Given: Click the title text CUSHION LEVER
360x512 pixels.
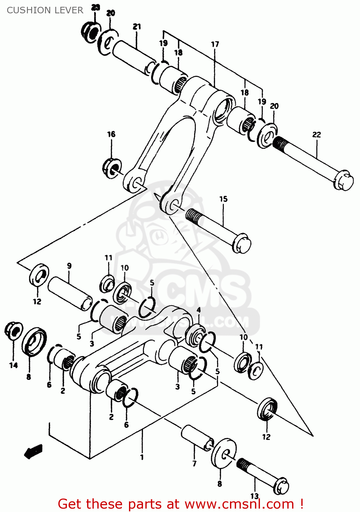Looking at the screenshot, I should point(45,10).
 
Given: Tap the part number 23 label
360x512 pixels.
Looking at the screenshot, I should point(96,7).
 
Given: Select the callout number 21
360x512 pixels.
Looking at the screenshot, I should point(137,26).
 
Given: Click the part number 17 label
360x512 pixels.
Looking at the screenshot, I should point(215,44).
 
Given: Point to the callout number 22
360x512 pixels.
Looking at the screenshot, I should point(317,134).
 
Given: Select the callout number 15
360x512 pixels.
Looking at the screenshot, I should point(223,199).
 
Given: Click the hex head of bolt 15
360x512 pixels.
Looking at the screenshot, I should point(242,244).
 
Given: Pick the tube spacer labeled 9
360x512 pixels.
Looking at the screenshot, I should point(70,294).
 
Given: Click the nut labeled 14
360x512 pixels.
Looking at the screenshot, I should point(13,330).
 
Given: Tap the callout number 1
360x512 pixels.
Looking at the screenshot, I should point(142,457).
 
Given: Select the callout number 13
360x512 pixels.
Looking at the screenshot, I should point(255,496).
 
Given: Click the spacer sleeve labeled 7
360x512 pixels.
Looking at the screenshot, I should point(197,438).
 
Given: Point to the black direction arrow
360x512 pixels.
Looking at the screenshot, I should point(33,451).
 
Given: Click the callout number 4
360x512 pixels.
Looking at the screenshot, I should point(199,310).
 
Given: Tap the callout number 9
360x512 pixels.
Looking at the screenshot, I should point(69,266).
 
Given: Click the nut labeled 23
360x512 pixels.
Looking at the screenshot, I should point(90,32).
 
